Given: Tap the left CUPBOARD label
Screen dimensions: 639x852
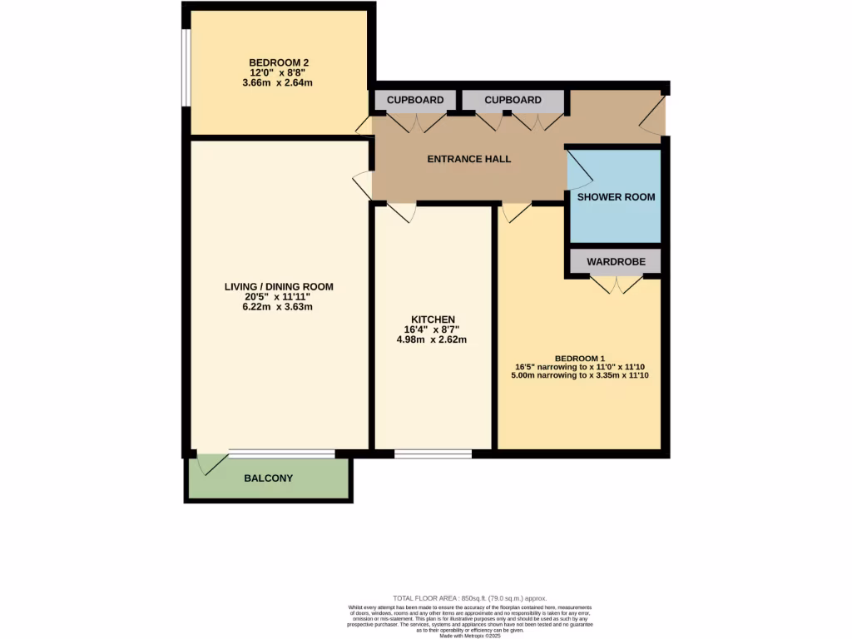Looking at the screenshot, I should (x=414, y=100).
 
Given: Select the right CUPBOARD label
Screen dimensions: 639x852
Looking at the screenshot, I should (x=513, y=100).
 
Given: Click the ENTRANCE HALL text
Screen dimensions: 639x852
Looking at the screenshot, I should (x=469, y=159).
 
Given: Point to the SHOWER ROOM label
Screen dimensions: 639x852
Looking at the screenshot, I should (x=617, y=197).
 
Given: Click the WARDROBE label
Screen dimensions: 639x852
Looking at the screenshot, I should (x=616, y=261).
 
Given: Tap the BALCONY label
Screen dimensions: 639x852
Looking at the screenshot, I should (x=268, y=478).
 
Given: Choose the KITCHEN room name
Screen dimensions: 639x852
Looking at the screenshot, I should (x=433, y=319).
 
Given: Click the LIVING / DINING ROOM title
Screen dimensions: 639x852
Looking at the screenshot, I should (x=279, y=287).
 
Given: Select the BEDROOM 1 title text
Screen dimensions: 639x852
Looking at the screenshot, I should (x=580, y=358).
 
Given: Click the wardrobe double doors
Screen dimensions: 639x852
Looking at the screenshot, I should (x=616, y=285).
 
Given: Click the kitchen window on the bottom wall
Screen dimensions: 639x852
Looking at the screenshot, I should (x=433, y=454).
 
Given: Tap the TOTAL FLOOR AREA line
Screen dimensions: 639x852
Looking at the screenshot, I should (x=469, y=598).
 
